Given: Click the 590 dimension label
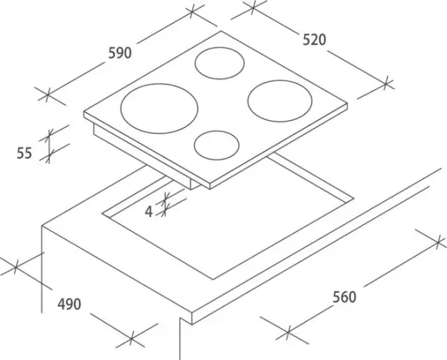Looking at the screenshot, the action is (x=120, y=53).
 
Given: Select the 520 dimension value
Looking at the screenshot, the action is (x=314, y=40).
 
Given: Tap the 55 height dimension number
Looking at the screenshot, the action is (x=24, y=153).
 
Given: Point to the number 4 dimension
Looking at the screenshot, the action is (x=149, y=212).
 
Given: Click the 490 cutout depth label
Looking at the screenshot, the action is (x=69, y=304).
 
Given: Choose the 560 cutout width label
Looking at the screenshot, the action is (x=344, y=297).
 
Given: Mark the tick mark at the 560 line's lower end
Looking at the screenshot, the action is (x=288, y=333).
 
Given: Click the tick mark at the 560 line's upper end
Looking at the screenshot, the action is (x=438, y=243).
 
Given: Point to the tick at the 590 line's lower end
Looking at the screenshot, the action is (x=47, y=94).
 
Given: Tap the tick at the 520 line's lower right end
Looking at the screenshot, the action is (x=386, y=83).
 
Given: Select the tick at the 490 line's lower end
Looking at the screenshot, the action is (x=131, y=338).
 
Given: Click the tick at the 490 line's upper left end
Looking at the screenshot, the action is (x=16, y=267).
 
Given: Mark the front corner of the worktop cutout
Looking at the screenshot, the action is (x=212, y=280).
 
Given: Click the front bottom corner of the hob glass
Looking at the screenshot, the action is (x=210, y=189).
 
